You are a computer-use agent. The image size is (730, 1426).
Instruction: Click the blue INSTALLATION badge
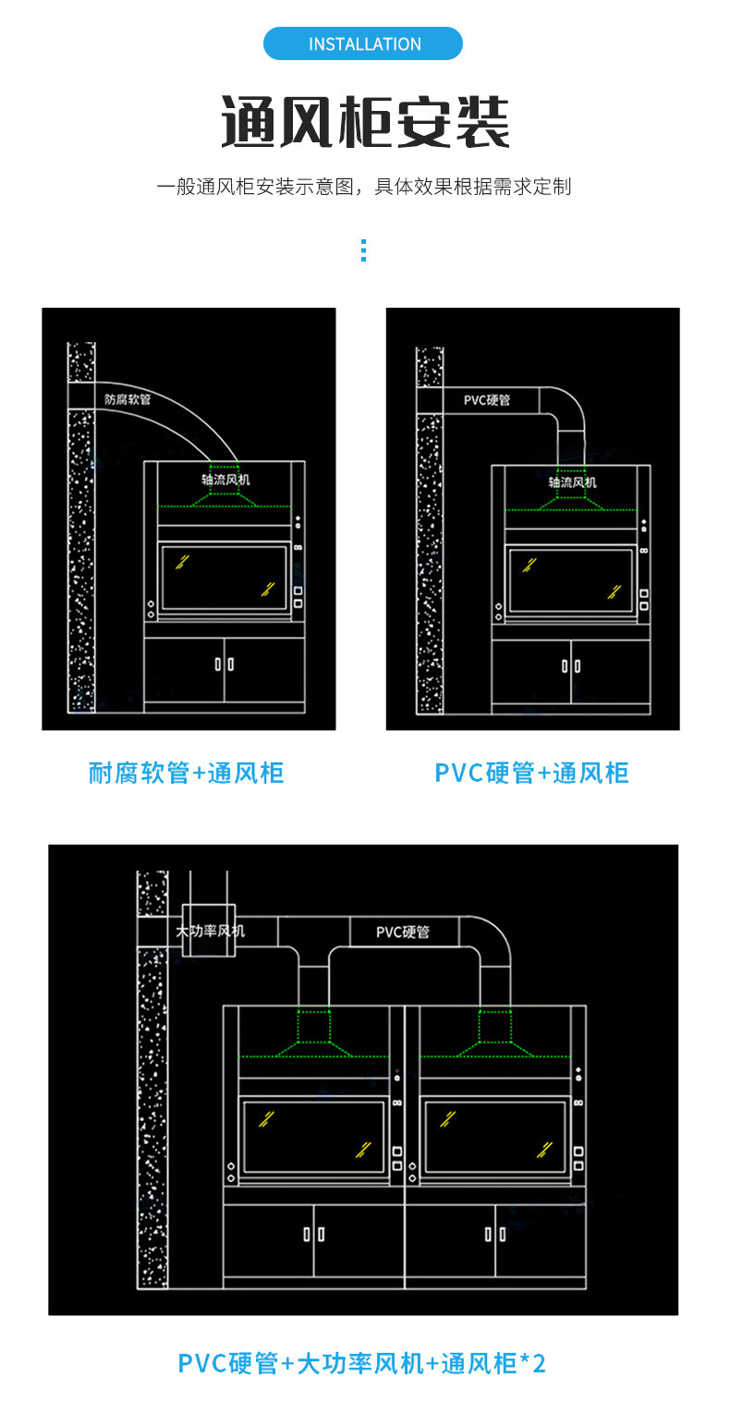pos(363,44)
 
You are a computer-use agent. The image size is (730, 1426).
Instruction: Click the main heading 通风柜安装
pos(365,123)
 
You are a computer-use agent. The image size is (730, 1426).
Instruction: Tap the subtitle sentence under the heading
pos(364,187)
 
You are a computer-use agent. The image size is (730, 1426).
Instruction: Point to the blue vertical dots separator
pos(363,250)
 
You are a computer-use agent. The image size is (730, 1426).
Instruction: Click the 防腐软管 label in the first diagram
pos(128,400)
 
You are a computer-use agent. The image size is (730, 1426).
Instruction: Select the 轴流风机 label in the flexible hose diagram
pos(225,480)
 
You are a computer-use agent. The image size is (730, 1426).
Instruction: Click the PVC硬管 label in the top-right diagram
pos(487,400)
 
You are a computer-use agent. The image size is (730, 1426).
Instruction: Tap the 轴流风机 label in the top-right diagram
pos(572,481)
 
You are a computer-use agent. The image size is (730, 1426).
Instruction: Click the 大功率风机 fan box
pos(210,930)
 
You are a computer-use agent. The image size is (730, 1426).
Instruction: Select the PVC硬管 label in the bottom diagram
pos(403,932)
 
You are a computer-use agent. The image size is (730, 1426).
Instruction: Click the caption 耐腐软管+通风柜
pos(186,773)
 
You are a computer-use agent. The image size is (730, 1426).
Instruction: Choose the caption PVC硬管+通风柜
pos(531,773)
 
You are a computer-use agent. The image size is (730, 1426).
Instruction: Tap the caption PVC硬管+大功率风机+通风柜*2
pos(362,1363)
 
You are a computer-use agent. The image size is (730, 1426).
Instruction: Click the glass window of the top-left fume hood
pos(224,578)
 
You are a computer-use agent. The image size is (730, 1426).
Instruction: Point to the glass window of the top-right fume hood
pos(571,579)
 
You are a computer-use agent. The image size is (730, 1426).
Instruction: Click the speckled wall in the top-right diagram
pos(429,555)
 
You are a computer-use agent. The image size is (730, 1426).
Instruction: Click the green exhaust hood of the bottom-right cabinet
pos(496,1034)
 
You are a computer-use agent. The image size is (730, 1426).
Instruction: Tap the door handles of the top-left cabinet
pos(225,664)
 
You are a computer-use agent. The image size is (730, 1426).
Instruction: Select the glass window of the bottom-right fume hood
pos(495,1137)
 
